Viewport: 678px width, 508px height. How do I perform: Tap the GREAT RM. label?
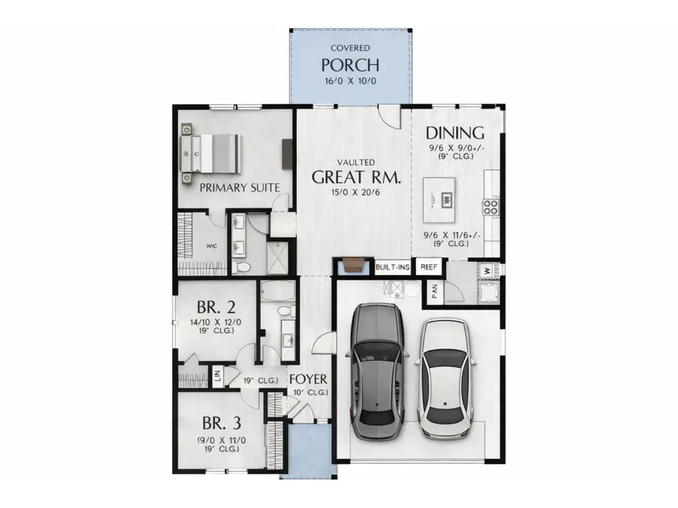(356, 178)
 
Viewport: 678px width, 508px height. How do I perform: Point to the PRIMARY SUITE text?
(239, 187)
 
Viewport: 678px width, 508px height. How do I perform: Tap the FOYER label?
(308, 379)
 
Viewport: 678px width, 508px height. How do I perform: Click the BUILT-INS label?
(392, 266)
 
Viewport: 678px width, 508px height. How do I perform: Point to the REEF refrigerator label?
(429, 266)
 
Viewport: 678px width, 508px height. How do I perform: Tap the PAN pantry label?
(434, 293)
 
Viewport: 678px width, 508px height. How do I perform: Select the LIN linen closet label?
(217, 376)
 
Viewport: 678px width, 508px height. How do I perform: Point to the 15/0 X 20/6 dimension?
(356, 193)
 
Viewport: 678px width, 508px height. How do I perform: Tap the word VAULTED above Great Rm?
(356, 162)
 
